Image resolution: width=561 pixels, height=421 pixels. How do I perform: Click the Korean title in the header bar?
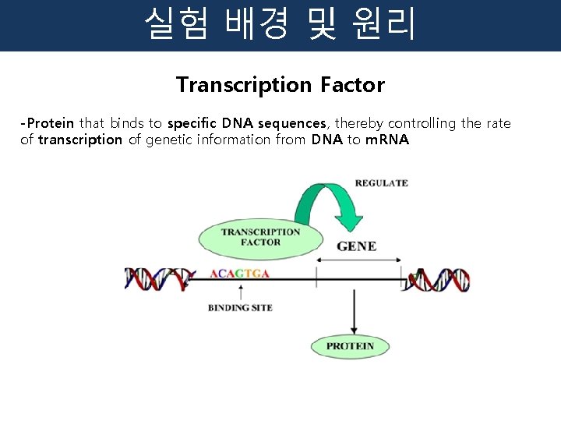coord(280,25)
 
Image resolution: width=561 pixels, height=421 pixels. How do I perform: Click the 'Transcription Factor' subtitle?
coord(280,85)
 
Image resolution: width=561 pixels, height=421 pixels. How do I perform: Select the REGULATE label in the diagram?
coord(381,183)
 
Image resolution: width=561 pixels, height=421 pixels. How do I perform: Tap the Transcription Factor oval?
coord(260,237)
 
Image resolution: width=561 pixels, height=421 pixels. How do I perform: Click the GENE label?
coord(356,246)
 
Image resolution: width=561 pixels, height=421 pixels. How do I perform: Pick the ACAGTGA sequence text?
coord(240,274)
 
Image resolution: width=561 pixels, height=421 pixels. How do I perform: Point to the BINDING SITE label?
coord(240,308)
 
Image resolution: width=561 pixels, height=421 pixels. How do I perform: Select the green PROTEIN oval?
coord(350,346)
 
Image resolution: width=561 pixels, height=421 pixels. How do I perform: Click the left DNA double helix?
coord(160,278)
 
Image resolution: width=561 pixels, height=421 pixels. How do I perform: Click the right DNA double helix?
coord(438,278)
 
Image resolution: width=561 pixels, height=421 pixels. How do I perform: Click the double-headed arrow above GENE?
coord(358,260)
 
